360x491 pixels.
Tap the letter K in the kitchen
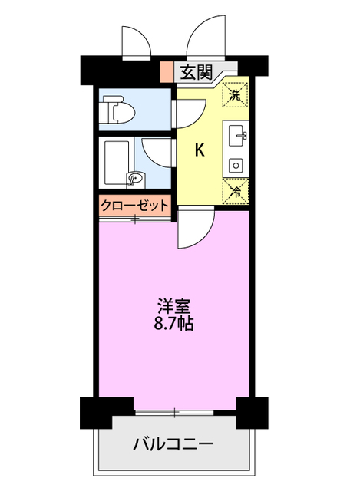click(x=199, y=150)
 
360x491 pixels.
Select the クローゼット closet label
click(x=135, y=205)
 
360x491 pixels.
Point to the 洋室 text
click(x=175, y=305)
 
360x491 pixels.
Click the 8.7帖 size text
click(x=175, y=323)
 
